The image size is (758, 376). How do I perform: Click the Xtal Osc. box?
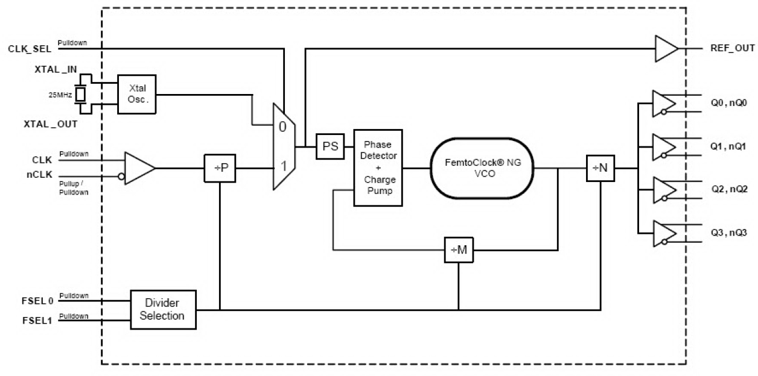[x=137, y=94]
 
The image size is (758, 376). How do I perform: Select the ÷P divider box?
[x=220, y=168]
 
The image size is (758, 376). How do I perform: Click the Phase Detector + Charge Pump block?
[x=378, y=168]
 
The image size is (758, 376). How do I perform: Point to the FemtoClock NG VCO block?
[x=483, y=168]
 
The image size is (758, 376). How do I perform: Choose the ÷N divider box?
[x=600, y=168]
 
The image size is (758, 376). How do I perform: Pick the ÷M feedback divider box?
[x=459, y=249]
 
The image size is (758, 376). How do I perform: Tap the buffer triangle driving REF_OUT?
[x=666, y=48]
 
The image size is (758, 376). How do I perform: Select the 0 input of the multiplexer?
[x=282, y=127]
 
